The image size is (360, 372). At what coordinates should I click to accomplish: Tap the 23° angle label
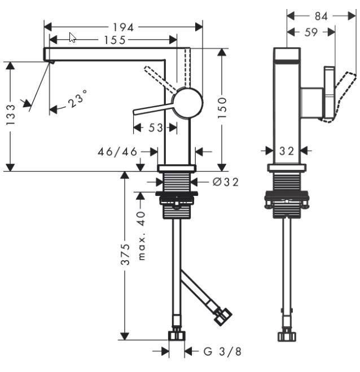click(78, 99)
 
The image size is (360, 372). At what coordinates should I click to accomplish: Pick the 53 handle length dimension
click(156, 128)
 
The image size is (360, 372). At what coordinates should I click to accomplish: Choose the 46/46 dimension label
click(117, 152)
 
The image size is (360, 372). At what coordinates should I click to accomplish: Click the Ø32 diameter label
click(226, 182)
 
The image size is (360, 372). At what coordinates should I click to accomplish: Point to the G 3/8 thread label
click(222, 352)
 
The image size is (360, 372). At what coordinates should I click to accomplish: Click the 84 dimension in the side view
click(321, 16)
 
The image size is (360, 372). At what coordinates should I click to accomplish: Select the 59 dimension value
click(310, 32)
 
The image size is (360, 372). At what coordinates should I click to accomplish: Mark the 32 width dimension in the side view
click(287, 151)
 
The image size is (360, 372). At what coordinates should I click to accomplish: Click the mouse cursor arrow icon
click(72, 38)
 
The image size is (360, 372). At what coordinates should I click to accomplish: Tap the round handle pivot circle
click(187, 103)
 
